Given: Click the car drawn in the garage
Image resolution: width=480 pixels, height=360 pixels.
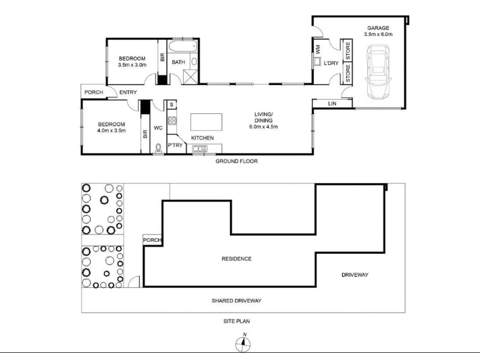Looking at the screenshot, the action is click(x=378, y=71).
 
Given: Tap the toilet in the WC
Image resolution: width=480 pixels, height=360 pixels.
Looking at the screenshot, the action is click(x=158, y=148).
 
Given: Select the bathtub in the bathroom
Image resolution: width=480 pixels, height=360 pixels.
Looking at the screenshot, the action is click(x=183, y=46).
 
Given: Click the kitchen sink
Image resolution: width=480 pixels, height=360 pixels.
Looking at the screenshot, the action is click(x=200, y=149).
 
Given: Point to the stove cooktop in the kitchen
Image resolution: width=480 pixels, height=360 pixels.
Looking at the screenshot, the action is click(x=172, y=121).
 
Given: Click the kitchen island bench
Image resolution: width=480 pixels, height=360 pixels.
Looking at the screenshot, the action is click(x=206, y=122).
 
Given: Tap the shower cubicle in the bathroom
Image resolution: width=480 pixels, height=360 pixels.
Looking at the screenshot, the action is click(x=190, y=77).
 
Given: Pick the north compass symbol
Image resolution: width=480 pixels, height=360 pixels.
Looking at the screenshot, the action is click(x=243, y=343).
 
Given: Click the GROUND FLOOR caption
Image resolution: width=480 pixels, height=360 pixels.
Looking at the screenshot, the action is click(x=236, y=161).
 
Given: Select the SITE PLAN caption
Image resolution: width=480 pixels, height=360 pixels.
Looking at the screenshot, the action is click(x=236, y=321).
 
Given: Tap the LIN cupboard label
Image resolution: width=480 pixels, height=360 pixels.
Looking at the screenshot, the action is click(x=332, y=104).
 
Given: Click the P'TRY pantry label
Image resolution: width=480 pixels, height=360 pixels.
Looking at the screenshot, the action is click(x=175, y=145).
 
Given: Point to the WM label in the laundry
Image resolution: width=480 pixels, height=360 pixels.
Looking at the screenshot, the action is click(x=317, y=49).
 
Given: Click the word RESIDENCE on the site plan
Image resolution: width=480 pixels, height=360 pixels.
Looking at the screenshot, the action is click(x=236, y=259).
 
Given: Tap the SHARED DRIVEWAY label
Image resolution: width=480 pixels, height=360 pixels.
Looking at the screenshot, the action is click(x=236, y=301).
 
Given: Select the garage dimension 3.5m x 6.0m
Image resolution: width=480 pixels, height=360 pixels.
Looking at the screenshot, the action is click(x=379, y=34).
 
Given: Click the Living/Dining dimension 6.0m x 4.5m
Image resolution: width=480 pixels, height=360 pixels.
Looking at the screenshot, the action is click(x=263, y=127).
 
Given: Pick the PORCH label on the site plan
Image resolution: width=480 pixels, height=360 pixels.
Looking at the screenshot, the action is click(x=152, y=240).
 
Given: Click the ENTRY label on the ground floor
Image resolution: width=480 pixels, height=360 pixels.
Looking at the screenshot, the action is click(x=128, y=92).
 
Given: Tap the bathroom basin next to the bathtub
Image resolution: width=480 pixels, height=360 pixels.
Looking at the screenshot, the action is click(x=194, y=62).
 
